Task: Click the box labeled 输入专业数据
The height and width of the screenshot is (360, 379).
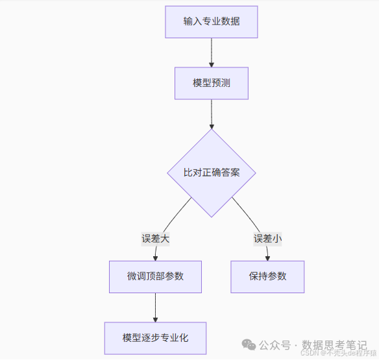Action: tap(211, 21)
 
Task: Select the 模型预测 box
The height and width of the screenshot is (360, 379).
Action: tap(211, 83)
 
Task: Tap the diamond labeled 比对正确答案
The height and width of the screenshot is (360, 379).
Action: tap(211, 173)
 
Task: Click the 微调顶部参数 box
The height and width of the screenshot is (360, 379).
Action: tap(155, 276)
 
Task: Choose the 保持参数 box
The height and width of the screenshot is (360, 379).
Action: tap(267, 276)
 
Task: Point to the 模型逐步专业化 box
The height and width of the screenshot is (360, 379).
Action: tap(155, 338)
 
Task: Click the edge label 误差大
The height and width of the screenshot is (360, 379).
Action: tap(155, 238)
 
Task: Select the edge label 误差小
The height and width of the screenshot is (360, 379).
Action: tap(267, 238)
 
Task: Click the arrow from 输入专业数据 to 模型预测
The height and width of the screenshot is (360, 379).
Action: tap(211, 52)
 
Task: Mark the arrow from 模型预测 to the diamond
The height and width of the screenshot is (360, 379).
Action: tap(211, 114)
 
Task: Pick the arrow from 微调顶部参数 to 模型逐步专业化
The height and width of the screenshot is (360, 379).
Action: tap(155, 307)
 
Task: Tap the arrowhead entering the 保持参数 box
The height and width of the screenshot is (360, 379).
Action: tap(267, 258)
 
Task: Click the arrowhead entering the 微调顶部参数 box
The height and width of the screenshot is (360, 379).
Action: tap(155, 258)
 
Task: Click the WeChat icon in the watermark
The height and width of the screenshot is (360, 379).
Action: tap(249, 344)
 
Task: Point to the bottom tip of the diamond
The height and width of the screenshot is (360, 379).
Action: tap(211, 217)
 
